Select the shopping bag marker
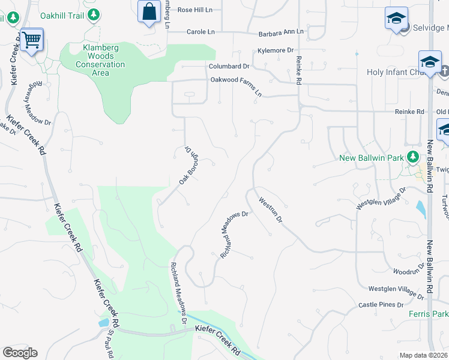point(148,11)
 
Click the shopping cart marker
point(31,41)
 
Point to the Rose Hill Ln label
point(195,10)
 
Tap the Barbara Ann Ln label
point(281,31)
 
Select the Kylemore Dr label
point(275,51)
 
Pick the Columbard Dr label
point(229,67)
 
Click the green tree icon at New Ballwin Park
point(412,157)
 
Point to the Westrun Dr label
point(271,210)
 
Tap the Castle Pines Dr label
point(381,305)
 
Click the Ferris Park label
point(432,314)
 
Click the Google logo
point(20,353)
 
